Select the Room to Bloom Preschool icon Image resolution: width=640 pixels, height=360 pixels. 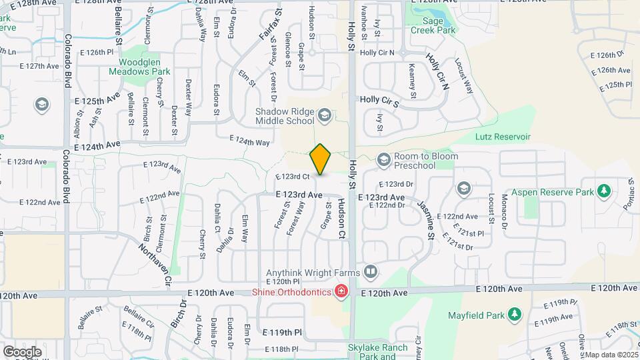pos(383,160)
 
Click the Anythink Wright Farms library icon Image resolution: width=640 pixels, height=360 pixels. pos(371,272)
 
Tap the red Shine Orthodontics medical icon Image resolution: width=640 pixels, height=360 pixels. pos(341,291)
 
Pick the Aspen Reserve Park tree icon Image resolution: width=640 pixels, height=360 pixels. pos(604,192)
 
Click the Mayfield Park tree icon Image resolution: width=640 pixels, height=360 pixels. pos(514,313)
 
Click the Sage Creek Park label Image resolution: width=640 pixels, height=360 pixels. pos(433,25)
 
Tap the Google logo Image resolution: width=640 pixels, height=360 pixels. pos(22,351)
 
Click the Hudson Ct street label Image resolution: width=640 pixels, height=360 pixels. pos(341,219)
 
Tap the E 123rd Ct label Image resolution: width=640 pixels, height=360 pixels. pos(293,177)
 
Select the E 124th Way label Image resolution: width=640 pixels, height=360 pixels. pos(249,141)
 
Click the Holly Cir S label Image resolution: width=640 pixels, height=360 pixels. pos(379,101)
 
